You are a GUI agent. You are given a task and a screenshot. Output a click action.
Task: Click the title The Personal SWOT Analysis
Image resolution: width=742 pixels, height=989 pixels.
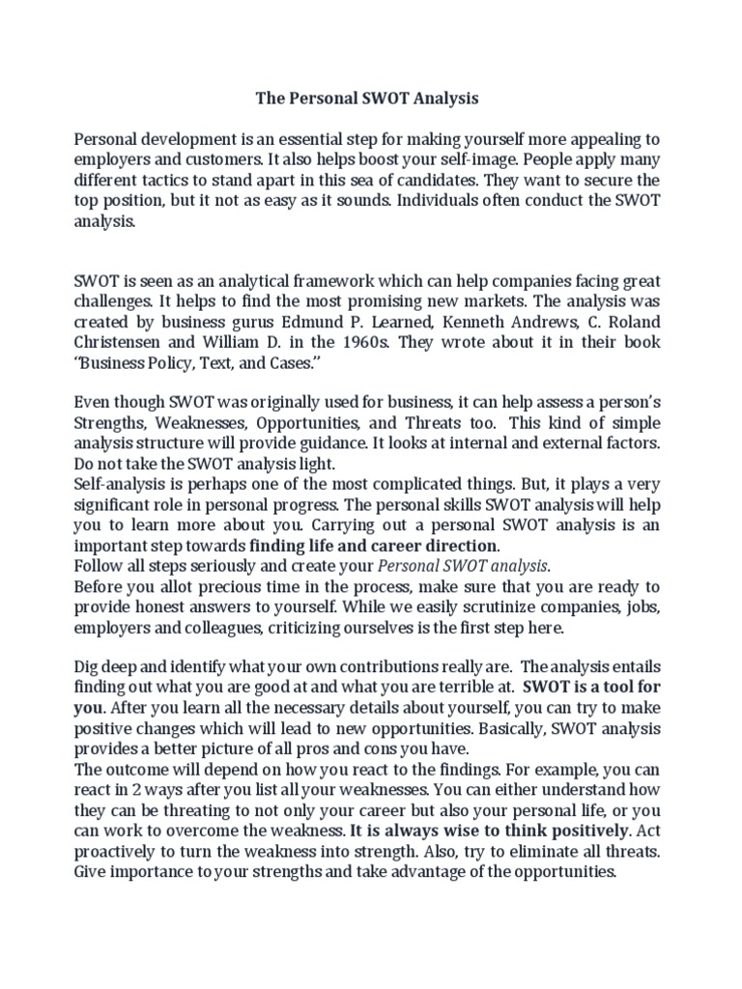[x=366, y=99]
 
